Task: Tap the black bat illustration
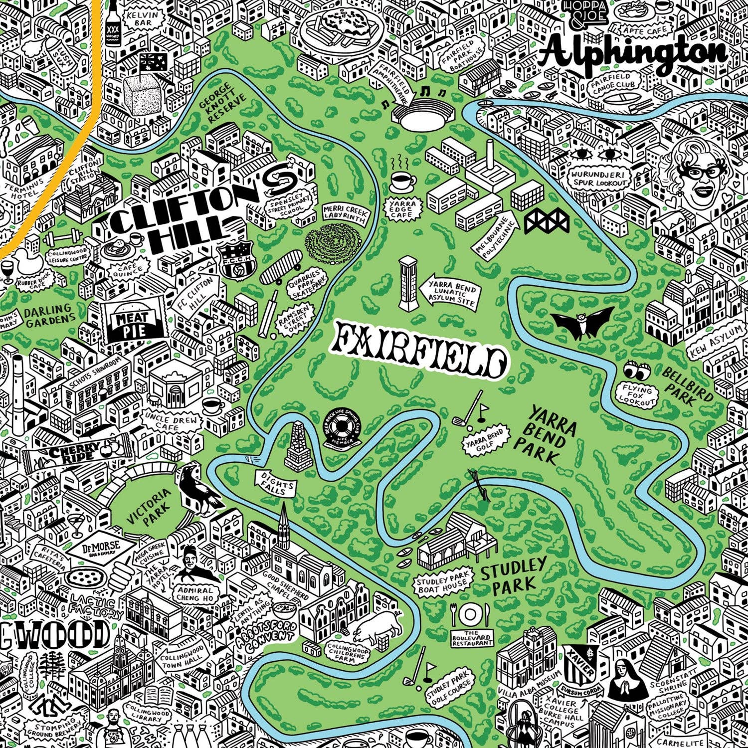point(583,322)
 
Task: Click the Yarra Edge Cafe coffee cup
point(401,181)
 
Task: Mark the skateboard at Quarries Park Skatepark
point(281,268)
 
